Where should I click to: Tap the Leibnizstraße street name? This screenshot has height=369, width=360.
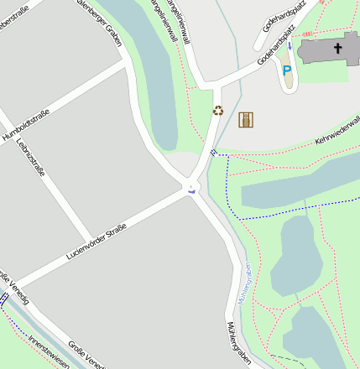[x=30, y=159]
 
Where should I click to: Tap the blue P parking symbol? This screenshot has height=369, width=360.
[x=287, y=71]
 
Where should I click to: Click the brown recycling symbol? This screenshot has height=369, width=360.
[x=218, y=110]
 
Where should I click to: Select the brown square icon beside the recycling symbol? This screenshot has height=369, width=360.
[x=245, y=120]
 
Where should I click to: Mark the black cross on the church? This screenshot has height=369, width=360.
[x=339, y=49]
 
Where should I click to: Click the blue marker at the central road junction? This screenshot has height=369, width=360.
[x=193, y=190]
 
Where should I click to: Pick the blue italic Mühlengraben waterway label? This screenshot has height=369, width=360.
[x=245, y=284]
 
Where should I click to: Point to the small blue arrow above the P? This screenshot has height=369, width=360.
[x=290, y=47]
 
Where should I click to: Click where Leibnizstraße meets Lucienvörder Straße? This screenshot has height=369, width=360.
[x=94, y=239]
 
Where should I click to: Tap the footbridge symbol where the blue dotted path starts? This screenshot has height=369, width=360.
[x=213, y=152]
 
